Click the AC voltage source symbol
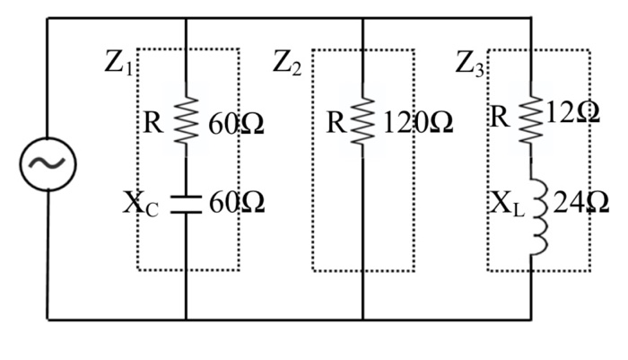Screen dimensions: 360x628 click(48, 163)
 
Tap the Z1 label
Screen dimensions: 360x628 click(119, 66)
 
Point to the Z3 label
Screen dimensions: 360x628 click(469, 64)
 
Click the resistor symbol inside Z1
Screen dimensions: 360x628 click(185, 122)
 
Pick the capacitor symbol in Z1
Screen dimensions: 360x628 click(185, 203)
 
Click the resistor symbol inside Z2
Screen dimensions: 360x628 click(362, 122)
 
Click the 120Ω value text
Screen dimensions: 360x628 click(417, 123)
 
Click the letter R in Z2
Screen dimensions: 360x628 click(336, 123)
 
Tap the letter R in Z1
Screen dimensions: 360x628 click(154, 123)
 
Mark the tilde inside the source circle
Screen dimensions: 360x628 click(48, 163)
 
